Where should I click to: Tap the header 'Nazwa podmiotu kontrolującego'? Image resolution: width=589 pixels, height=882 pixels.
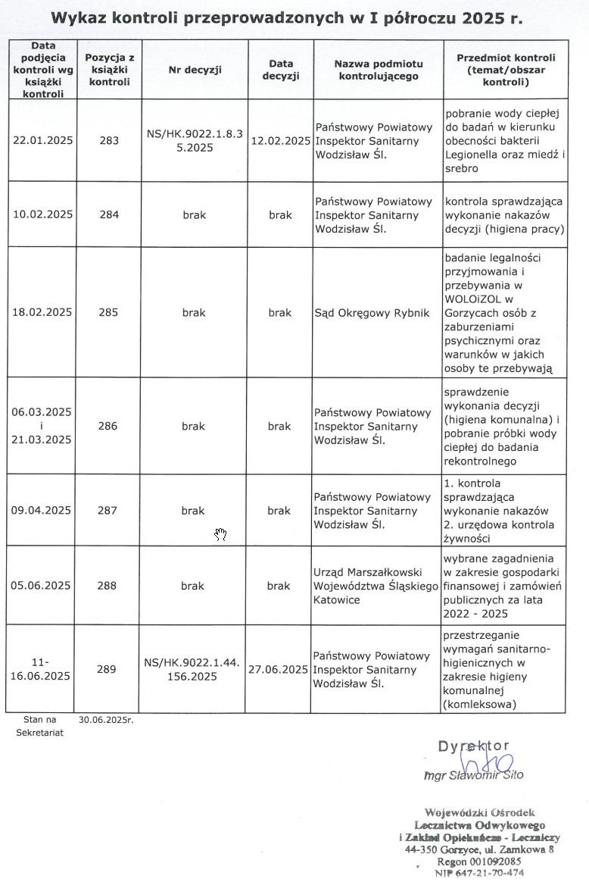[x=379, y=70]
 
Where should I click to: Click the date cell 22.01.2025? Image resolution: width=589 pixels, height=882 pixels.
[x=43, y=140]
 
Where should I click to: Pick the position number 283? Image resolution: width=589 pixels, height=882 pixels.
[x=109, y=140]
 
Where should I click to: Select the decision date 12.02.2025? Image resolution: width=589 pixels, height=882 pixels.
[x=280, y=140]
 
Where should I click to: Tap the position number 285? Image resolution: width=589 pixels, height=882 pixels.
[x=109, y=312]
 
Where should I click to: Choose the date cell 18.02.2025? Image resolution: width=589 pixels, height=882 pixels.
[x=43, y=312]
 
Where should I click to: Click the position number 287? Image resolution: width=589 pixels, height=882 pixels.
[x=109, y=511]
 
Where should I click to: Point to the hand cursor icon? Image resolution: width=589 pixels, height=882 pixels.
[x=220, y=536]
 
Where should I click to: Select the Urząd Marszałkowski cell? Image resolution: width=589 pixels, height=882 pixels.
[x=376, y=586]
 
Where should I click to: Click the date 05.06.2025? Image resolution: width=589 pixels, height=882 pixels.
[x=43, y=586]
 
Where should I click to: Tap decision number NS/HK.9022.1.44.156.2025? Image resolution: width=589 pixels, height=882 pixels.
[x=192, y=669]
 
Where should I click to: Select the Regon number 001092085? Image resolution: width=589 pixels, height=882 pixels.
[x=479, y=862]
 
